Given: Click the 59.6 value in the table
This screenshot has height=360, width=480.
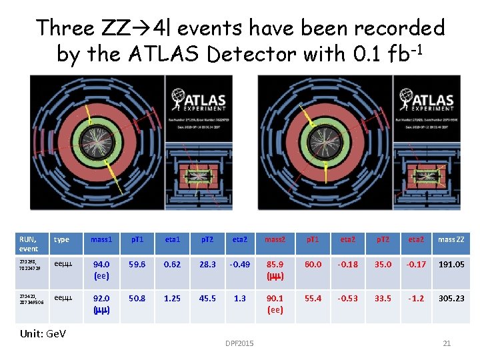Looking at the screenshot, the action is [x=138, y=264].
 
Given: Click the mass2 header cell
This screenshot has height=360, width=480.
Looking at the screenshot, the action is [x=275, y=239].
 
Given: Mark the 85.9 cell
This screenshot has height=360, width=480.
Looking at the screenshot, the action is [x=275, y=269].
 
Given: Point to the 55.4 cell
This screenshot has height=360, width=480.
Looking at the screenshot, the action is [x=313, y=299].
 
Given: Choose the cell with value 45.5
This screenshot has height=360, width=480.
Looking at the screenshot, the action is [x=207, y=299].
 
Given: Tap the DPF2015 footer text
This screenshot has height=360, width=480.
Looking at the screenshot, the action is [x=240, y=343].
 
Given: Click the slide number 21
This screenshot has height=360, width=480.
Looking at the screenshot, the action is [x=447, y=343].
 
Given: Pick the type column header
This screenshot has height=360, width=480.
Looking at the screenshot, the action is [x=61, y=239].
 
